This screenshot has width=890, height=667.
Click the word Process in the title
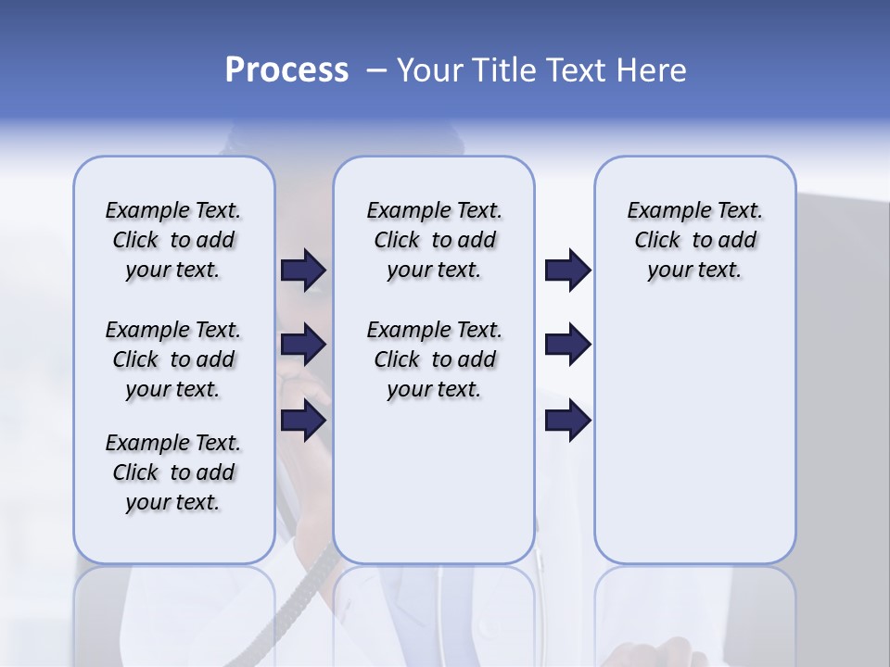(286, 70)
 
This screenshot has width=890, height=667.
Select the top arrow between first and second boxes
(303, 271)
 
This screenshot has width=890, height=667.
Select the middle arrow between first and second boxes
(303, 346)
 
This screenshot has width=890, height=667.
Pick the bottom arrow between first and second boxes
(303, 421)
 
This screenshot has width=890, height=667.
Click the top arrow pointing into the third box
(567, 271)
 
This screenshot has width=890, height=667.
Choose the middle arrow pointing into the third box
(567, 346)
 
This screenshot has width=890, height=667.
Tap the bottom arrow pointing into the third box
(567, 421)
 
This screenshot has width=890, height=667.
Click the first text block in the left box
(173, 240)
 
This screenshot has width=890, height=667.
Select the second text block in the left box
(173, 359)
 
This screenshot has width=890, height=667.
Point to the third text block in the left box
(173, 472)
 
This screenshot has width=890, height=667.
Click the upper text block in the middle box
(434, 240)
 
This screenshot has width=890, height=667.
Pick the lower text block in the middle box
(434, 359)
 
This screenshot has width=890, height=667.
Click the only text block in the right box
(694, 240)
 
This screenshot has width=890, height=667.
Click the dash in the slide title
(375, 70)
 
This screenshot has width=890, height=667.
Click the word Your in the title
(428, 70)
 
